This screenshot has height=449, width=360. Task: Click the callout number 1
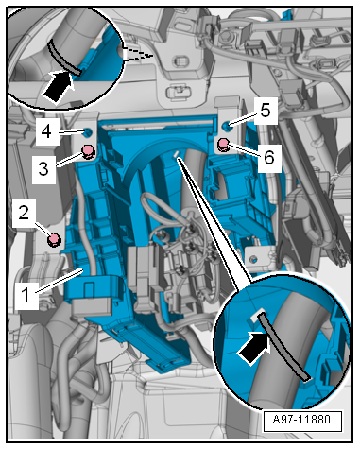click(26, 295)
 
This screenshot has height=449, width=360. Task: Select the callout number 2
click(24, 214)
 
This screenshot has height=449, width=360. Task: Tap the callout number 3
click(43, 169)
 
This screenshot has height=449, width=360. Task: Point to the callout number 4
click(46, 131)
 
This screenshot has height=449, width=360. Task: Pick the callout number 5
click(266, 111)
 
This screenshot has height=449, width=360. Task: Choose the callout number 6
click(268, 157)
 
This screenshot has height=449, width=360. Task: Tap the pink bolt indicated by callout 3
click(88, 151)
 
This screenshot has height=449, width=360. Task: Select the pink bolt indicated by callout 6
click(223, 145)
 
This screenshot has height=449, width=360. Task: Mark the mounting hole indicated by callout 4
click(87, 132)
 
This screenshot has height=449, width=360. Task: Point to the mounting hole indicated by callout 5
click(226, 127)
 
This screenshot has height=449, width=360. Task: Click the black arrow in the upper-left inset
click(58, 86)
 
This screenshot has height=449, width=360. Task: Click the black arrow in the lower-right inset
click(254, 348)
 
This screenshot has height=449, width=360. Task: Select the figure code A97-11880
click(301, 420)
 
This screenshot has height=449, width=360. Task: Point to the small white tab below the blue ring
click(176, 154)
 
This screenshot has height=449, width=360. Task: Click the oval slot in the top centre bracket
click(180, 60)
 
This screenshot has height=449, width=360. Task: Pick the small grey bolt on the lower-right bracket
click(252, 259)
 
